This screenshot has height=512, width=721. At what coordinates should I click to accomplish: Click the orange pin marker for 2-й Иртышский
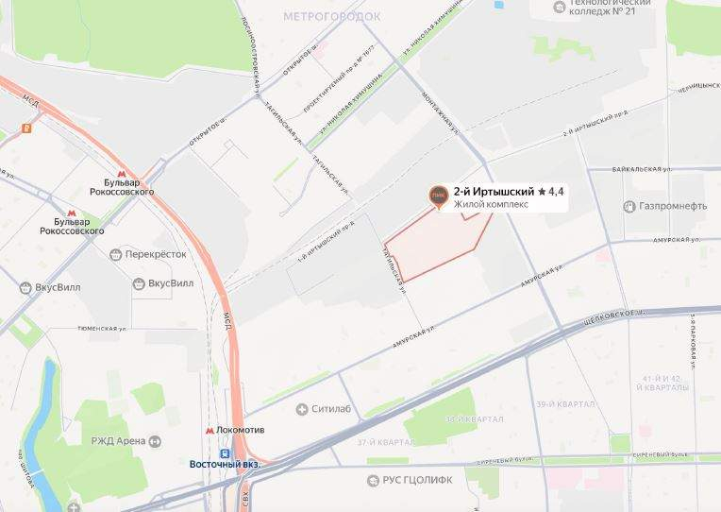437,196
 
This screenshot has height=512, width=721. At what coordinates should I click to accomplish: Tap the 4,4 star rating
551,191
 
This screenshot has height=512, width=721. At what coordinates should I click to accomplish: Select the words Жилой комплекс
491,204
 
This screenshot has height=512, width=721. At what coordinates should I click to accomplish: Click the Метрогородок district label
332,17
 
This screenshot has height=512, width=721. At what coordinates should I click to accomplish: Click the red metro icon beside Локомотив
210,431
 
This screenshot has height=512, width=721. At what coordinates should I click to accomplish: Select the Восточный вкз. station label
225,464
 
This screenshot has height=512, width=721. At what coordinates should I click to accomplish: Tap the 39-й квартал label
564,404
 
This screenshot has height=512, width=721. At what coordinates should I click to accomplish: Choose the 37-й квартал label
385,442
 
